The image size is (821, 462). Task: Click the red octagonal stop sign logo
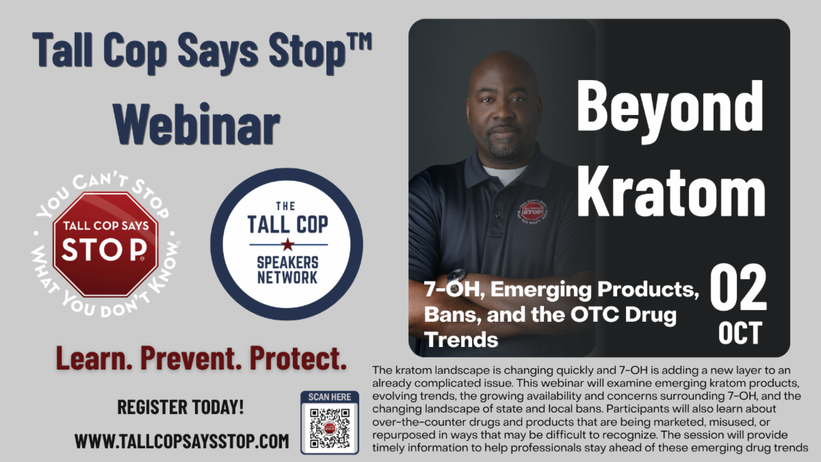[x=105, y=244]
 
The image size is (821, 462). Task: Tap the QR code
[x=330, y=428]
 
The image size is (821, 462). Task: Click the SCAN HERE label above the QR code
[x=330, y=397]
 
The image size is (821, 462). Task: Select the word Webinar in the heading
[x=197, y=125]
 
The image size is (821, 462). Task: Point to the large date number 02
[x=738, y=288]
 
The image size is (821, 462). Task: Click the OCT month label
[x=740, y=333]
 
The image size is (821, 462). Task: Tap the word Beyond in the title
[x=670, y=106]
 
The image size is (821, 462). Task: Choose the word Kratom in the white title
[x=671, y=192]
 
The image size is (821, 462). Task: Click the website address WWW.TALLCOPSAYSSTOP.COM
[x=182, y=441]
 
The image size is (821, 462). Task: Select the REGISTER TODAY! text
[x=181, y=407]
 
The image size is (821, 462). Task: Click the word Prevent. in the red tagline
[x=191, y=359]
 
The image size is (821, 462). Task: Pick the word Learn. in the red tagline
[x=94, y=359]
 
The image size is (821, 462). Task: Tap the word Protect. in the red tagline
[x=298, y=359]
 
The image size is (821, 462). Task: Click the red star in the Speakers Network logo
[x=288, y=244]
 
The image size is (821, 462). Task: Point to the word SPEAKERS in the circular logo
[x=288, y=263]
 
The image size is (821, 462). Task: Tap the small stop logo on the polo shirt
[x=532, y=213]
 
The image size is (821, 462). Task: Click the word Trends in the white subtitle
[x=461, y=340]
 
